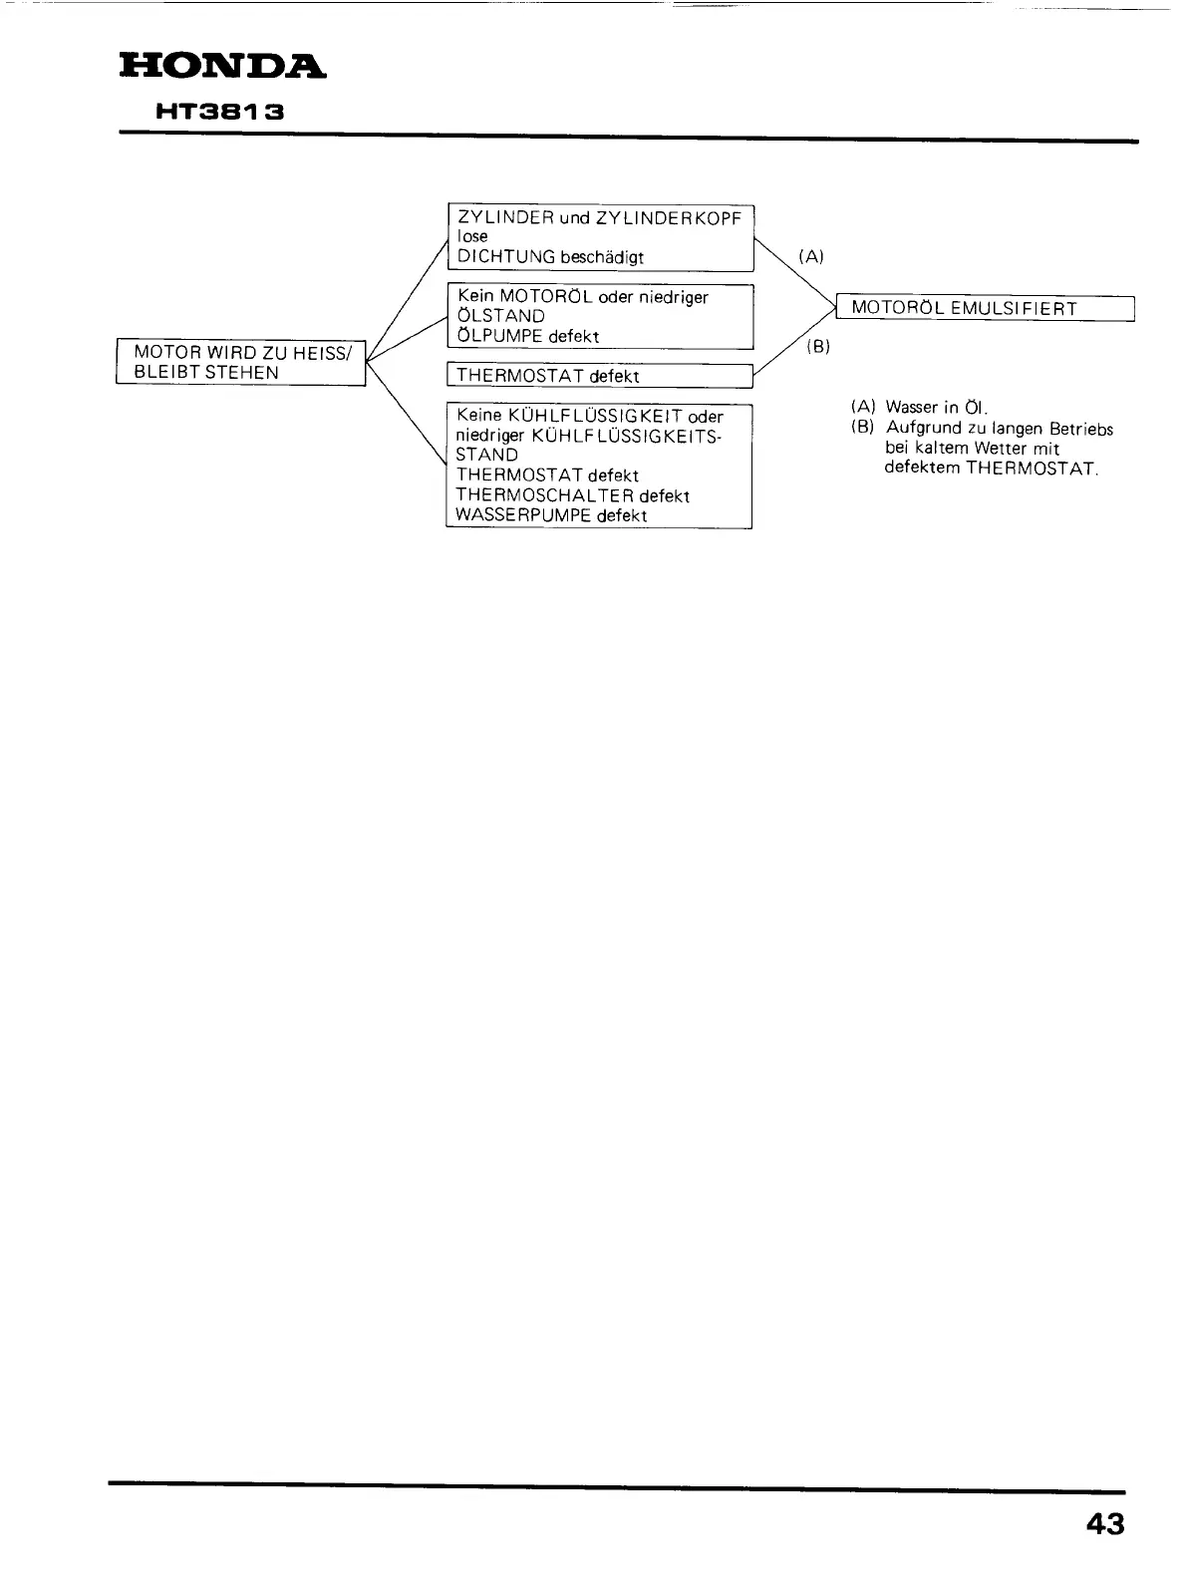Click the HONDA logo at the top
tap(221, 67)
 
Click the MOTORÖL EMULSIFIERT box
tap(985, 308)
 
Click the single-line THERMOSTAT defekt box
tap(598, 376)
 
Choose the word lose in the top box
tap(472, 236)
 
